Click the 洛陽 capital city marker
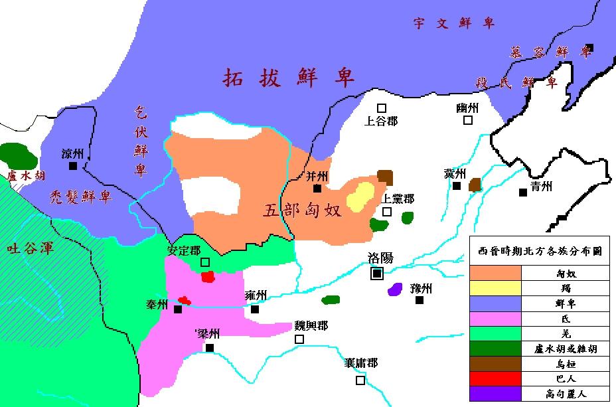click(377, 273)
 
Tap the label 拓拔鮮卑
click(289, 77)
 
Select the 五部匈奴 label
click(303, 211)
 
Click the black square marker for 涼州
click(72, 166)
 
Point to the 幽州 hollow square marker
click(468, 120)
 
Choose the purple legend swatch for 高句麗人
click(496, 394)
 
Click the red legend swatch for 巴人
click(496, 378)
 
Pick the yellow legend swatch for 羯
click(496, 287)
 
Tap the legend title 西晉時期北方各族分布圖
click(540, 252)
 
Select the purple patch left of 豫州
click(396, 289)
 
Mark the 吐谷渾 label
click(29, 249)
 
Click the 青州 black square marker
click(523, 193)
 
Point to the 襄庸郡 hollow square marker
click(360, 380)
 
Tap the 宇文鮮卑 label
click(454, 24)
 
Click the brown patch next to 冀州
click(475, 185)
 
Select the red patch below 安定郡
click(208, 276)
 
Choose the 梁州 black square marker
click(210, 347)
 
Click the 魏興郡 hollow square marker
click(299, 339)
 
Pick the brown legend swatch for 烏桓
click(496, 363)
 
